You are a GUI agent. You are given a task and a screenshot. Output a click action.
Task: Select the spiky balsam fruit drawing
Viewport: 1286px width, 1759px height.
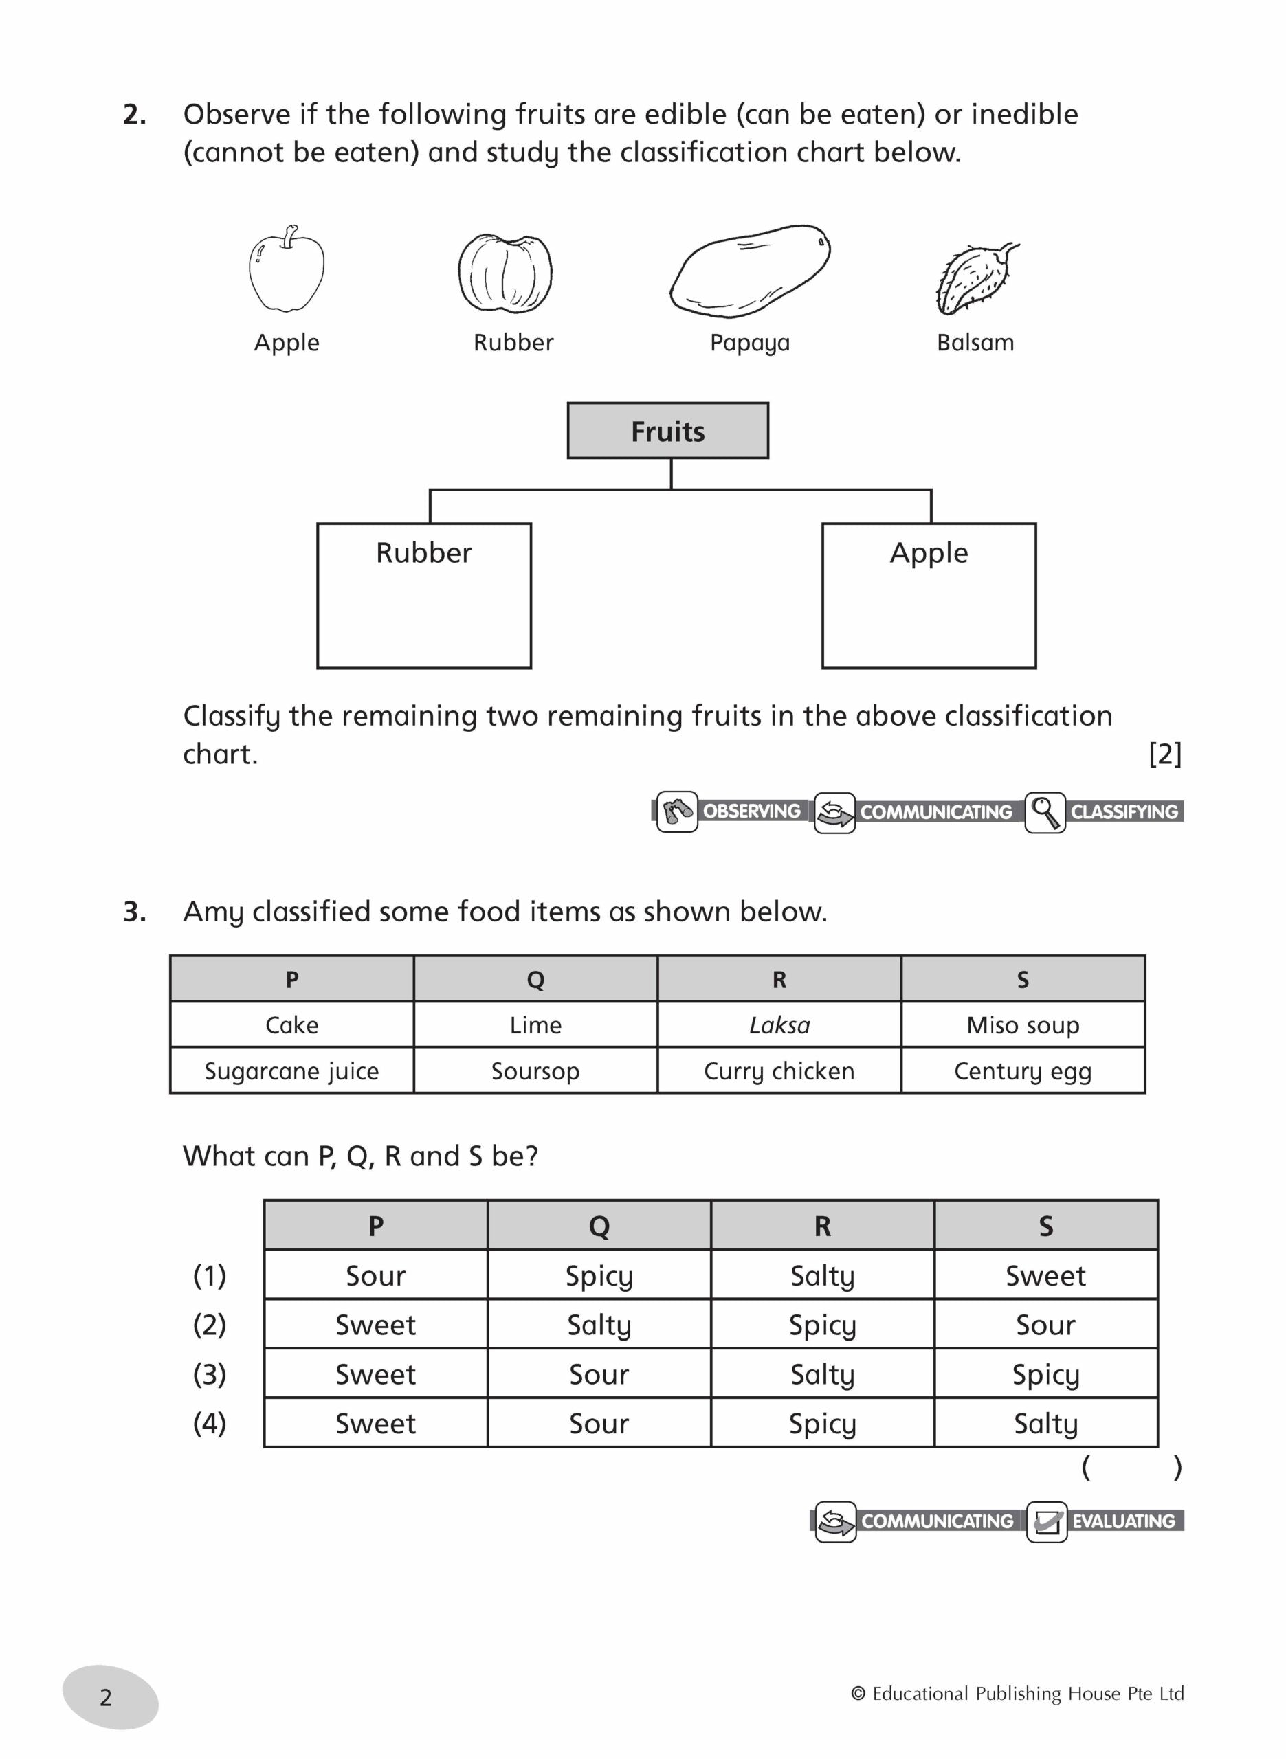tap(974, 278)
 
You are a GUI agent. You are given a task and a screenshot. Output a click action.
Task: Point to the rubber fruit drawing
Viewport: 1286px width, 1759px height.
tap(505, 273)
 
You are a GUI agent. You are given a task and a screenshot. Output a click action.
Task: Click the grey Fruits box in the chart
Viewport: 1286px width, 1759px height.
tap(667, 431)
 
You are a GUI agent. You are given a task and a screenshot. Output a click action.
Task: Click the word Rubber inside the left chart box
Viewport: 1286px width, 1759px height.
tap(423, 553)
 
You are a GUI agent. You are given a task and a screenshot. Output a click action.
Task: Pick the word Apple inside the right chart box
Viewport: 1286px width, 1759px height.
tap(929, 553)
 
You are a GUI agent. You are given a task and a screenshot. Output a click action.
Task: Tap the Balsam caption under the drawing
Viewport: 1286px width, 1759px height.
tap(975, 342)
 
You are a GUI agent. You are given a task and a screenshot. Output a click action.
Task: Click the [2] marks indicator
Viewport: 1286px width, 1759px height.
tap(1164, 753)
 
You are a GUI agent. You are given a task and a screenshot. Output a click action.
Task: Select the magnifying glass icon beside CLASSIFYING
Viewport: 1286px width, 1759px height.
tap(1044, 812)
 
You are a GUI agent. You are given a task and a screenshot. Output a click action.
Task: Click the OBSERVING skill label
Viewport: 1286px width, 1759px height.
tap(751, 811)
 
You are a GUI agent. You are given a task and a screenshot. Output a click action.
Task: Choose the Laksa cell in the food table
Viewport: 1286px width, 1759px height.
tap(779, 1025)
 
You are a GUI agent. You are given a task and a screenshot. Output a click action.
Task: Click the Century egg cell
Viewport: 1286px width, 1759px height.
tap(1022, 1071)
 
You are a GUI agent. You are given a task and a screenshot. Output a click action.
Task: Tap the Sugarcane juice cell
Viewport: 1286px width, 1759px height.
tap(292, 1071)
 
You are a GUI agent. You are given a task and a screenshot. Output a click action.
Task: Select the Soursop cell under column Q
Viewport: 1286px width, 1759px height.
tap(535, 1071)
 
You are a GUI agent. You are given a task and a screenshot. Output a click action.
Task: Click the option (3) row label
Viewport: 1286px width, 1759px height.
tap(210, 1374)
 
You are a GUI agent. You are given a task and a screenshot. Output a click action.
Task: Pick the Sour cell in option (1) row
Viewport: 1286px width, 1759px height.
tap(376, 1276)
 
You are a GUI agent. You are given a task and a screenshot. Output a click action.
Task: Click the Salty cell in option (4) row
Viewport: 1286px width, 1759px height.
tap(1045, 1423)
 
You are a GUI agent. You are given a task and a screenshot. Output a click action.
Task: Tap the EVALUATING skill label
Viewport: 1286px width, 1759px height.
tap(1123, 1521)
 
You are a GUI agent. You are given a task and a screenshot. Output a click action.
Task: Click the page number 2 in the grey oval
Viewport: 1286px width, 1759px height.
tap(107, 1698)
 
